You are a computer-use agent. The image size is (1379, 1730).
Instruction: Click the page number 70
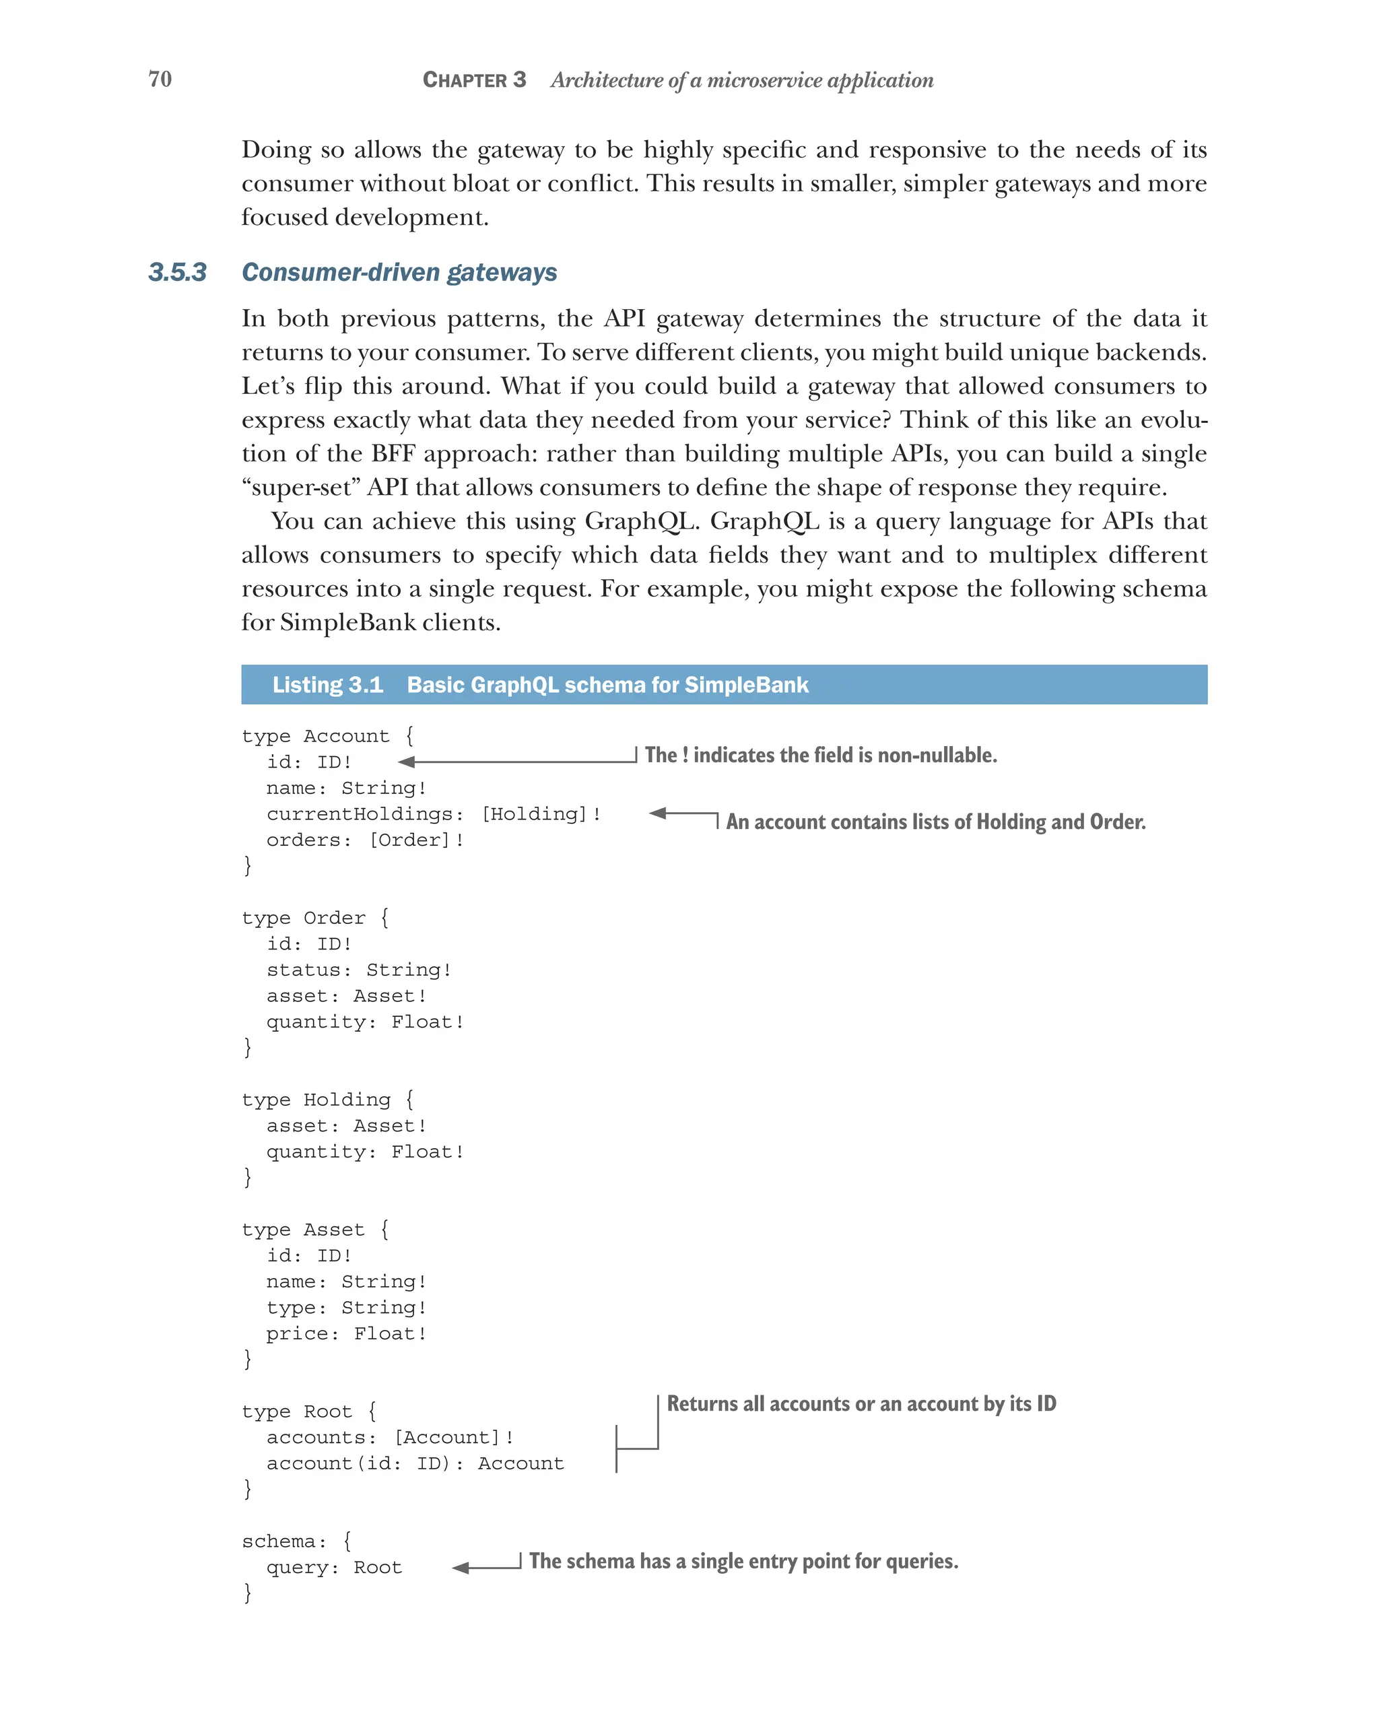tap(160, 79)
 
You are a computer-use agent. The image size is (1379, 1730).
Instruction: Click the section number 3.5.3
tap(177, 272)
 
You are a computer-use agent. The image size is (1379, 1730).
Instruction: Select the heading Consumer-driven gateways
tap(399, 272)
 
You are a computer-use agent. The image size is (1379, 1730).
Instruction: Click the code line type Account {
tap(327, 736)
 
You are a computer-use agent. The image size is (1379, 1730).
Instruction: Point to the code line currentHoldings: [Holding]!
tap(433, 813)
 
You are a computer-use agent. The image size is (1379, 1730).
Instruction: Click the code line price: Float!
tap(347, 1333)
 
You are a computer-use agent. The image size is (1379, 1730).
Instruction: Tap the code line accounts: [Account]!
tap(390, 1437)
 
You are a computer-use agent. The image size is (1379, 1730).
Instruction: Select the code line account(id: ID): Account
tap(415, 1463)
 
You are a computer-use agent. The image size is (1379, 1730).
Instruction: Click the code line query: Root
tap(334, 1567)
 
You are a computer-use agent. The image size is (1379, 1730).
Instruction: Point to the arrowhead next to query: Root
tap(461, 1567)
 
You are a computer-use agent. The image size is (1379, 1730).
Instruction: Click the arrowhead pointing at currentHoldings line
tap(658, 813)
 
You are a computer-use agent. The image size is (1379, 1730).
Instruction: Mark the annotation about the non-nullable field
tap(821, 755)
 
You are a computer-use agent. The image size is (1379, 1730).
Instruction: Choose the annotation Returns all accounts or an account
tap(861, 1403)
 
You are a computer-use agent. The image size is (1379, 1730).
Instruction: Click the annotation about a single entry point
tap(743, 1561)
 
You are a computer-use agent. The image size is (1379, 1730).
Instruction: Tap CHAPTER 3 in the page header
tap(474, 79)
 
